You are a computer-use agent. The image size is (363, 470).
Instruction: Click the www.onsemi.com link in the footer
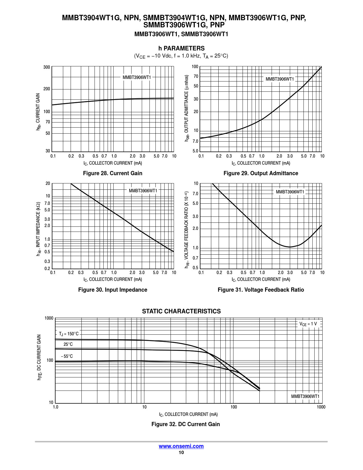[181, 446]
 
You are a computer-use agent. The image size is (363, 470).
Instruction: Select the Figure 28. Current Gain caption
[112, 173]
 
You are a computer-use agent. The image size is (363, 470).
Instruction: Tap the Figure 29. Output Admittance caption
[261, 173]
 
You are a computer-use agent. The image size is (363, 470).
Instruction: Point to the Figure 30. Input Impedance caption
[112, 290]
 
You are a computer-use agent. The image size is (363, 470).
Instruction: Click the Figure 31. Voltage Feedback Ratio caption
[261, 290]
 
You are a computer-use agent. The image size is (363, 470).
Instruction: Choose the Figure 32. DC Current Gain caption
[185, 424]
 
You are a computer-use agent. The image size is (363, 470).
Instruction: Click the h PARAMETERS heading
[181, 48]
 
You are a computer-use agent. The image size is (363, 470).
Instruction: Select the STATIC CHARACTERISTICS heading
[181, 311]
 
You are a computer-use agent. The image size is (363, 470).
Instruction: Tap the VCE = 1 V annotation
[308, 324]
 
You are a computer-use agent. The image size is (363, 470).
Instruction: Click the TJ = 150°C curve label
[69, 334]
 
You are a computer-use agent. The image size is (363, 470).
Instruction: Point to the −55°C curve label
[67, 356]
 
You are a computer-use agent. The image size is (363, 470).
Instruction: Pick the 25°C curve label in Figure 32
[68, 344]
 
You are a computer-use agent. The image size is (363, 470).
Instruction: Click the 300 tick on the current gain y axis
[47, 67]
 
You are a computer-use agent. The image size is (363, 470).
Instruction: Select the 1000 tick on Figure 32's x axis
[321, 407]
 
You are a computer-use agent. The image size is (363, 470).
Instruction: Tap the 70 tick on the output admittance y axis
[196, 76]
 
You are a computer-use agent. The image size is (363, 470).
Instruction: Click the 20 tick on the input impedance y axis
[48, 183]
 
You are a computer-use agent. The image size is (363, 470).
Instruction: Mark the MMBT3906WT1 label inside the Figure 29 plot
[280, 79]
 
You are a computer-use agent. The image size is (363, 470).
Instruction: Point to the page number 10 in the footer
[181, 453]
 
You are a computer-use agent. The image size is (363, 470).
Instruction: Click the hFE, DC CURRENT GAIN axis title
[40, 357]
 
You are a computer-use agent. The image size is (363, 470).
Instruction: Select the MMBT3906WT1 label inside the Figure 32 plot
[305, 397]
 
